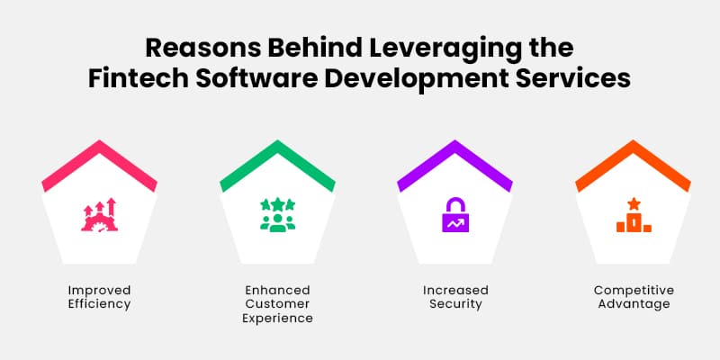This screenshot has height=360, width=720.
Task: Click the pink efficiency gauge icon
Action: pyautogui.click(x=99, y=214)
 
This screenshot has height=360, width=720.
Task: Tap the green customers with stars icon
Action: pyautogui.click(x=277, y=214)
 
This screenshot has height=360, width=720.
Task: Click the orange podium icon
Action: pyautogui.click(x=633, y=217)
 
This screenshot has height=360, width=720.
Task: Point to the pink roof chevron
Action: pyautogui.click(x=99, y=162)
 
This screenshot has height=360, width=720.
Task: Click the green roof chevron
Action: pyautogui.click(x=277, y=162)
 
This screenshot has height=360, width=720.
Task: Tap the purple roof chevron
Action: pyautogui.click(x=455, y=162)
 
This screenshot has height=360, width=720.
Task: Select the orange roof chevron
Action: pyautogui.click(x=633, y=162)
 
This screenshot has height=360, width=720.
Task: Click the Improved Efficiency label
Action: pyautogui.click(x=99, y=297)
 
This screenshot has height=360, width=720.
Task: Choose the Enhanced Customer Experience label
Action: pyautogui.click(x=277, y=304)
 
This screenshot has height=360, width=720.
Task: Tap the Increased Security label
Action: pyautogui.click(x=455, y=297)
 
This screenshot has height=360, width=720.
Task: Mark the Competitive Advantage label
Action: pyautogui.click(x=633, y=297)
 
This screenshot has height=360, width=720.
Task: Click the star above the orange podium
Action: pyautogui.click(x=634, y=203)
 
